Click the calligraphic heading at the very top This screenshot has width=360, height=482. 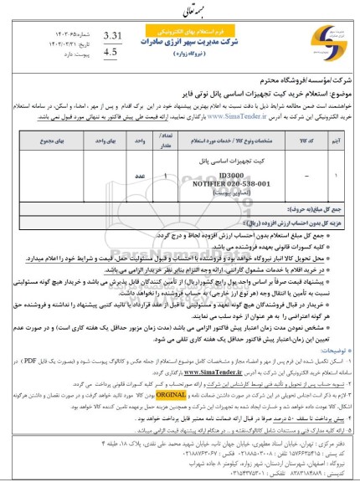click(178, 7)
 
